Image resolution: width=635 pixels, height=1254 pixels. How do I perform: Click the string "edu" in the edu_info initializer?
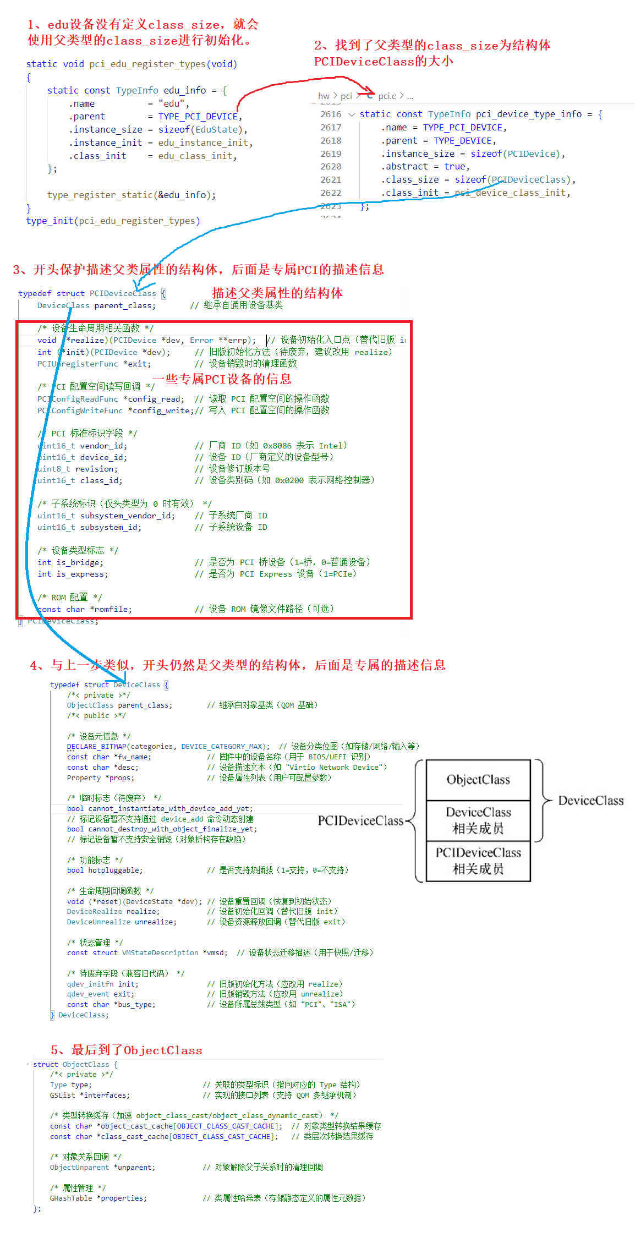pyautogui.click(x=172, y=103)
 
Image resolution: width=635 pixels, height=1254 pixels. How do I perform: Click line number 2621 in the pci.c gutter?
pyautogui.click(x=331, y=179)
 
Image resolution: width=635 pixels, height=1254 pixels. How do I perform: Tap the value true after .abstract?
pyautogui.click(x=455, y=166)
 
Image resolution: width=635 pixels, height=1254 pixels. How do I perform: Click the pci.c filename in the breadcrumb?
pyautogui.click(x=387, y=96)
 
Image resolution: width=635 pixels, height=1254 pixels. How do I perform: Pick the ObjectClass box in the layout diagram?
pyautogui.click(x=478, y=780)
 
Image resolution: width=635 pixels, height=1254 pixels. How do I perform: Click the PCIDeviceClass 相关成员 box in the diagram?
pyautogui.click(x=478, y=861)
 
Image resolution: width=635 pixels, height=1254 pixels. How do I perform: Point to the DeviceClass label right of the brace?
pyautogui.click(x=591, y=801)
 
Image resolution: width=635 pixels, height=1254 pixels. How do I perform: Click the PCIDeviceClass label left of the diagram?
pyautogui.click(x=360, y=820)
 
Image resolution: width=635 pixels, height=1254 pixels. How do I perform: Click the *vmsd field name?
pyautogui.click(x=214, y=952)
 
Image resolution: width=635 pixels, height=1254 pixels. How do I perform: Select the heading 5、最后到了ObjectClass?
pyautogui.click(x=127, y=1050)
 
